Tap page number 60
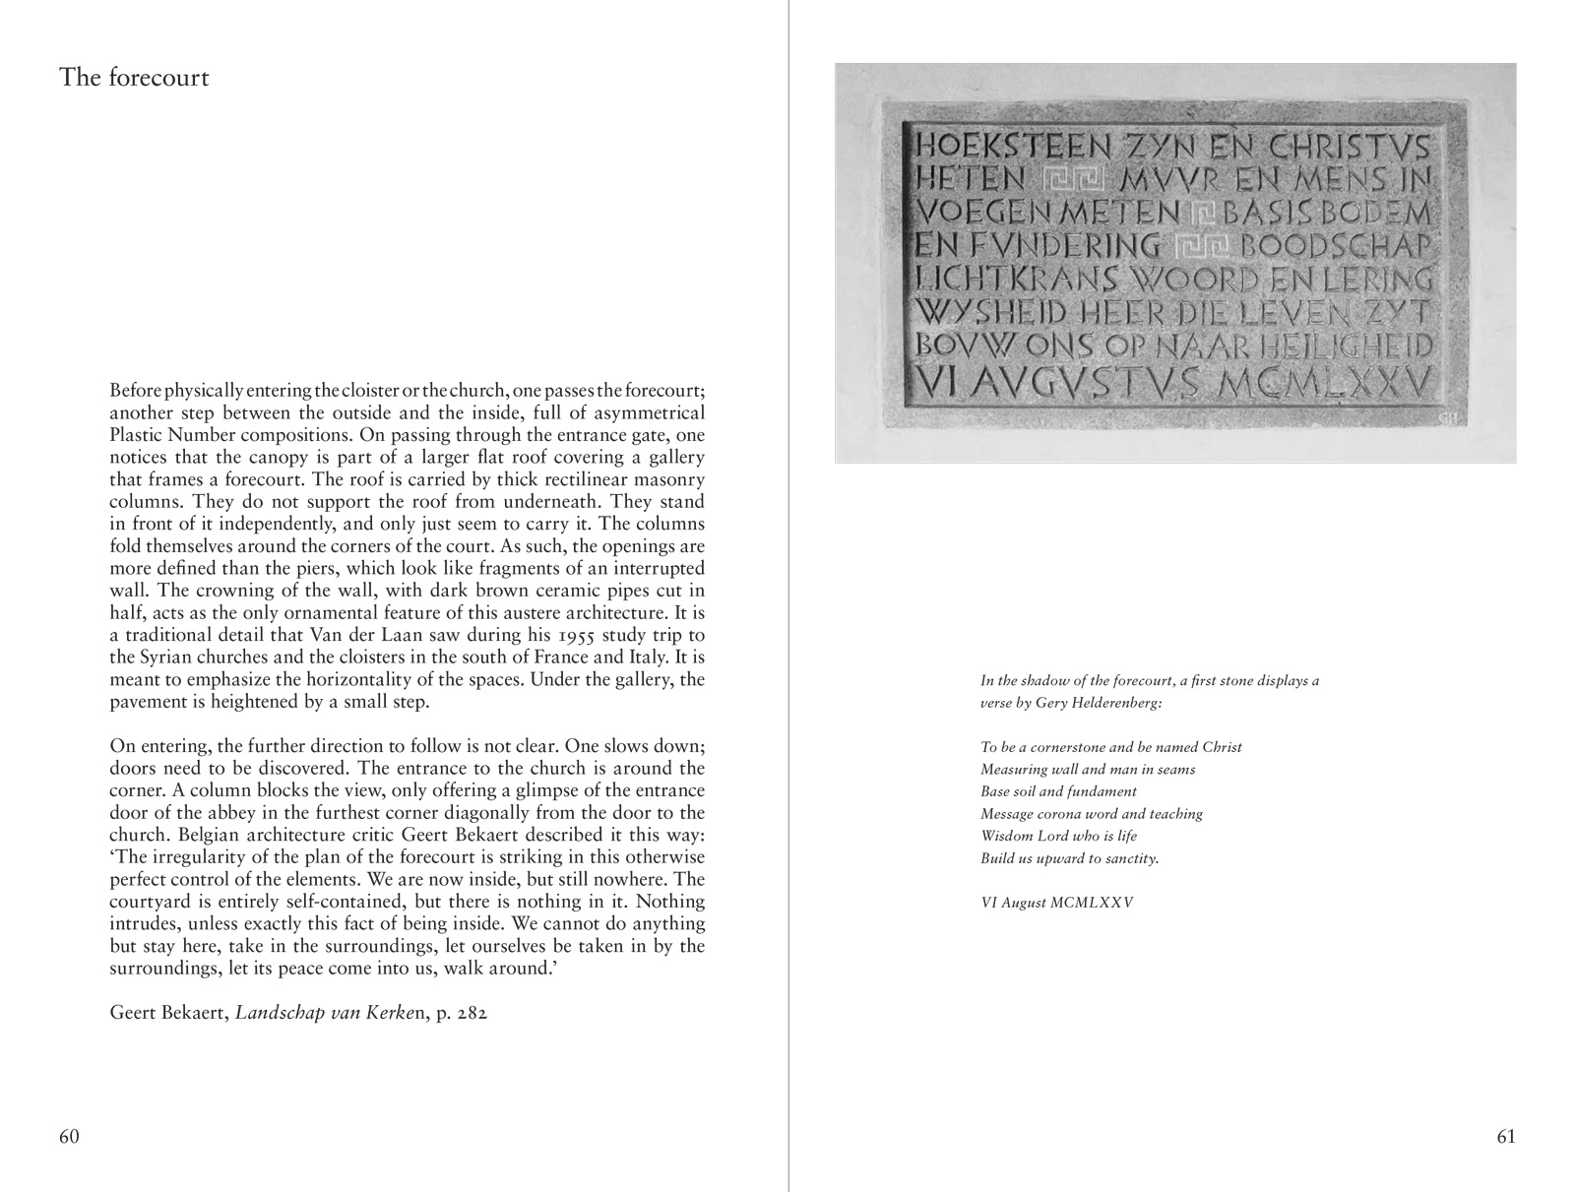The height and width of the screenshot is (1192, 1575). pos(69,1137)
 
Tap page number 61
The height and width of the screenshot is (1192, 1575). pos(1506,1137)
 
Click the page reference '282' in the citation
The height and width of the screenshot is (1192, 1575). pos(470,1013)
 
